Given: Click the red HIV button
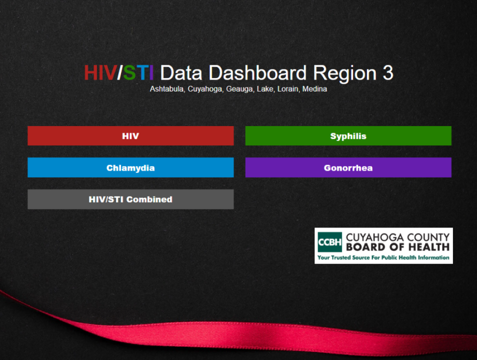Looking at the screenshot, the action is [130, 135].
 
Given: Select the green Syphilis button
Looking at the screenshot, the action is [348, 135].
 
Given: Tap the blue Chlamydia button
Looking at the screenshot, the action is [130, 167].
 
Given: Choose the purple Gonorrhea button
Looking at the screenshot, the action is [348, 167].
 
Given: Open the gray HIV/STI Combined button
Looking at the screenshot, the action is [130, 199].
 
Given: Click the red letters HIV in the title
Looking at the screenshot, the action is [100, 73].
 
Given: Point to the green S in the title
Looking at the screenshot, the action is [129, 73].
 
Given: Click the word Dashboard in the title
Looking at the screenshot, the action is [257, 73].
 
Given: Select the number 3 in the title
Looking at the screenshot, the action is [388, 73].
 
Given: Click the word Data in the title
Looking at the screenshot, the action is [181, 73].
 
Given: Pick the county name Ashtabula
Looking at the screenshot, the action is [166, 89].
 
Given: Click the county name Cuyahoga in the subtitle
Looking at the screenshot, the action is [204, 89].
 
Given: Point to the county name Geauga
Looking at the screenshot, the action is [239, 89].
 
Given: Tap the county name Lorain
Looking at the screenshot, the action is [288, 89].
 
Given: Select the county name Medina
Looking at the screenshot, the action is [314, 89].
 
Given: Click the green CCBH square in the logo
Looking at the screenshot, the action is [330, 242].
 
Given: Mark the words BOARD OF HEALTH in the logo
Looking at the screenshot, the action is [397, 247].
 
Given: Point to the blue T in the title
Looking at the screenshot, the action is [142, 73].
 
